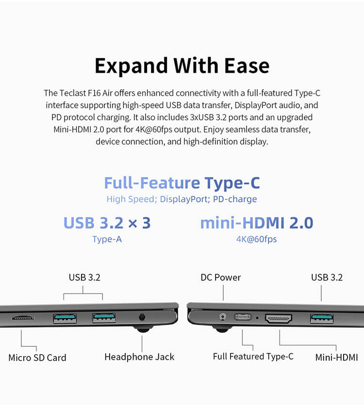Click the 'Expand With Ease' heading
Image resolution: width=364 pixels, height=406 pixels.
click(x=182, y=66)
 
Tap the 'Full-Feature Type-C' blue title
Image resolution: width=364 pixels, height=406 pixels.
click(x=182, y=183)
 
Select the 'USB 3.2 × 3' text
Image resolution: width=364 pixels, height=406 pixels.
click(x=107, y=223)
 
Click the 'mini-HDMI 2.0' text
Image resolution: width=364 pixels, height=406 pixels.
click(x=257, y=223)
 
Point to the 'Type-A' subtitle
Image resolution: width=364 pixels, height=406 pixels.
click(x=107, y=239)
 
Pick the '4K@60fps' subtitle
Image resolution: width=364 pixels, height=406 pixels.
click(x=256, y=239)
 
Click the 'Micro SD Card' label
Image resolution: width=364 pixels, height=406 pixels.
click(x=37, y=357)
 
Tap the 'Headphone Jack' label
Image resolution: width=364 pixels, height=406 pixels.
click(x=139, y=357)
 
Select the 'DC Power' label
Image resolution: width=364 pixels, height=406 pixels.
click(x=221, y=277)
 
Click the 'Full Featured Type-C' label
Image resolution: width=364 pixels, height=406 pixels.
click(x=253, y=357)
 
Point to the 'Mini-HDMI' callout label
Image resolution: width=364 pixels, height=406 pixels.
click(x=336, y=357)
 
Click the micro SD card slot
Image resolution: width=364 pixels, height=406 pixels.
click(x=23, y=317)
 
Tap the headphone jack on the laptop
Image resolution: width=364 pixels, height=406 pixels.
click(x=142, y=317)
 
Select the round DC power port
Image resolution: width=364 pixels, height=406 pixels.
click(x=222, y=316)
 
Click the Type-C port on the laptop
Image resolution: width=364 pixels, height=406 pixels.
click(x=243, y=317)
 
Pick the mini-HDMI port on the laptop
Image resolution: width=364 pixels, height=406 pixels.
click(x=279, y=319)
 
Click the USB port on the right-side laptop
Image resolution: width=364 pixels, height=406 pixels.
click(x=322, y=319)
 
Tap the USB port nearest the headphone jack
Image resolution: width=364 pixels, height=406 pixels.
click(x=104, y=318)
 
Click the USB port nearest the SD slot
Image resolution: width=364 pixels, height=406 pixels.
click(x=65, y=319)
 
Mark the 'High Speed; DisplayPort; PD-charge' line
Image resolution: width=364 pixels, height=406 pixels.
click(x=182, y=199)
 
